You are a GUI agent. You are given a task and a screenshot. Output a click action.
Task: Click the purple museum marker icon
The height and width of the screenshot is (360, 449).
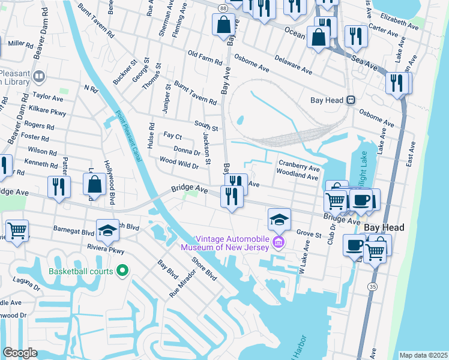[278, 242]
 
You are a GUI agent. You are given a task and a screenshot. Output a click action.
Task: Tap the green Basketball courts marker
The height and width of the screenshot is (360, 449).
[122, 271]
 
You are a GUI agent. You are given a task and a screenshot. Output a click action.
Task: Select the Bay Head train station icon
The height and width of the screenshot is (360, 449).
[351, 100]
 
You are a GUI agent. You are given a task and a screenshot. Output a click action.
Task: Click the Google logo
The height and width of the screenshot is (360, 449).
[20, 353]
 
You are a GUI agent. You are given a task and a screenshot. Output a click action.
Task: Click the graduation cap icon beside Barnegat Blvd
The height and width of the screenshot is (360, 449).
[107, 230]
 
